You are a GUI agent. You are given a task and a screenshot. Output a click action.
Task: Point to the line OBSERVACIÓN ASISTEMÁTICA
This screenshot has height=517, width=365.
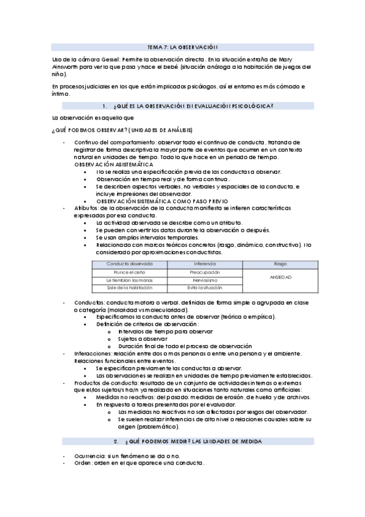coord(113,165)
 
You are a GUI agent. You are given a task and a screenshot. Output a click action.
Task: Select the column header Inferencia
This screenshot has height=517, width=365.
coord(205,263)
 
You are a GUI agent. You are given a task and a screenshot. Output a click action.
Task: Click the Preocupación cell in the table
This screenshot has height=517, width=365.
coord(205,272)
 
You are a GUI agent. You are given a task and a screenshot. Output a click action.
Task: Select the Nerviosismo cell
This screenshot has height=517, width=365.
coord(205,280)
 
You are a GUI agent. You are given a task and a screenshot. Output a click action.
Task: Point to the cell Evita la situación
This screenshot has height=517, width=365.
coord(205,287)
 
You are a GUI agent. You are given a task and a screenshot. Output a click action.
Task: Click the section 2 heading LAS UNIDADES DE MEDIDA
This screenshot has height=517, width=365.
coord(194,440)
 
